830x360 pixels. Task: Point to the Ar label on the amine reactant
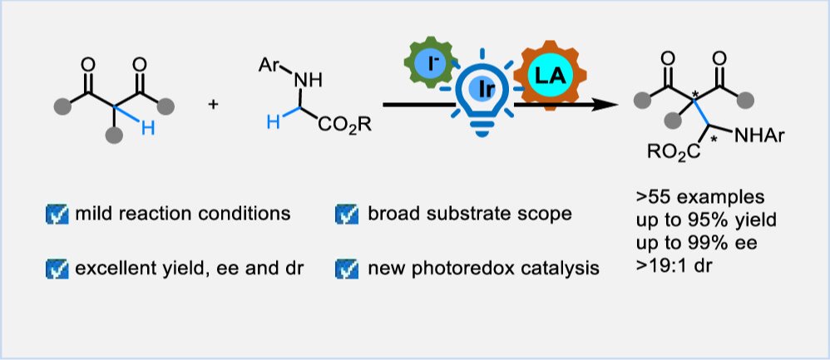click(269, 59)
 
